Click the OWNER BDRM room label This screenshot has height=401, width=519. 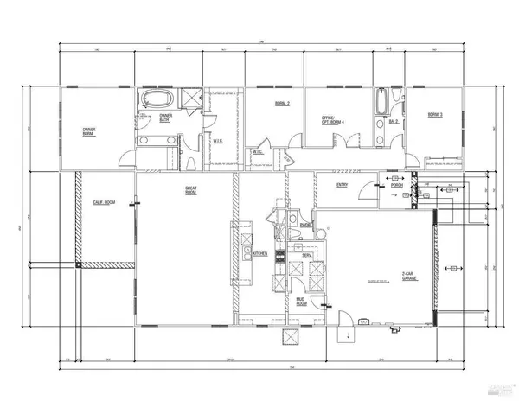pyautogui.click(x=88, y=132)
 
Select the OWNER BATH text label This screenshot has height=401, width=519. pyautogui.click(x=165, y=118)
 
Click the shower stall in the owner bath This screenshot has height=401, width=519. pyautogui.click(x=187, y=98)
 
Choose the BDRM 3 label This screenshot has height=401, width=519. pyautogui.click(x=435, y=114)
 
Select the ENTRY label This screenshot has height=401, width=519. pyautogui.click(x=343, y=182)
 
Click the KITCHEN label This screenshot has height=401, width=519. pyautogui.click(x=259, y=253)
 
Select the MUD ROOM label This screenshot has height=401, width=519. pyautogui.click(x=302, y=302)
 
